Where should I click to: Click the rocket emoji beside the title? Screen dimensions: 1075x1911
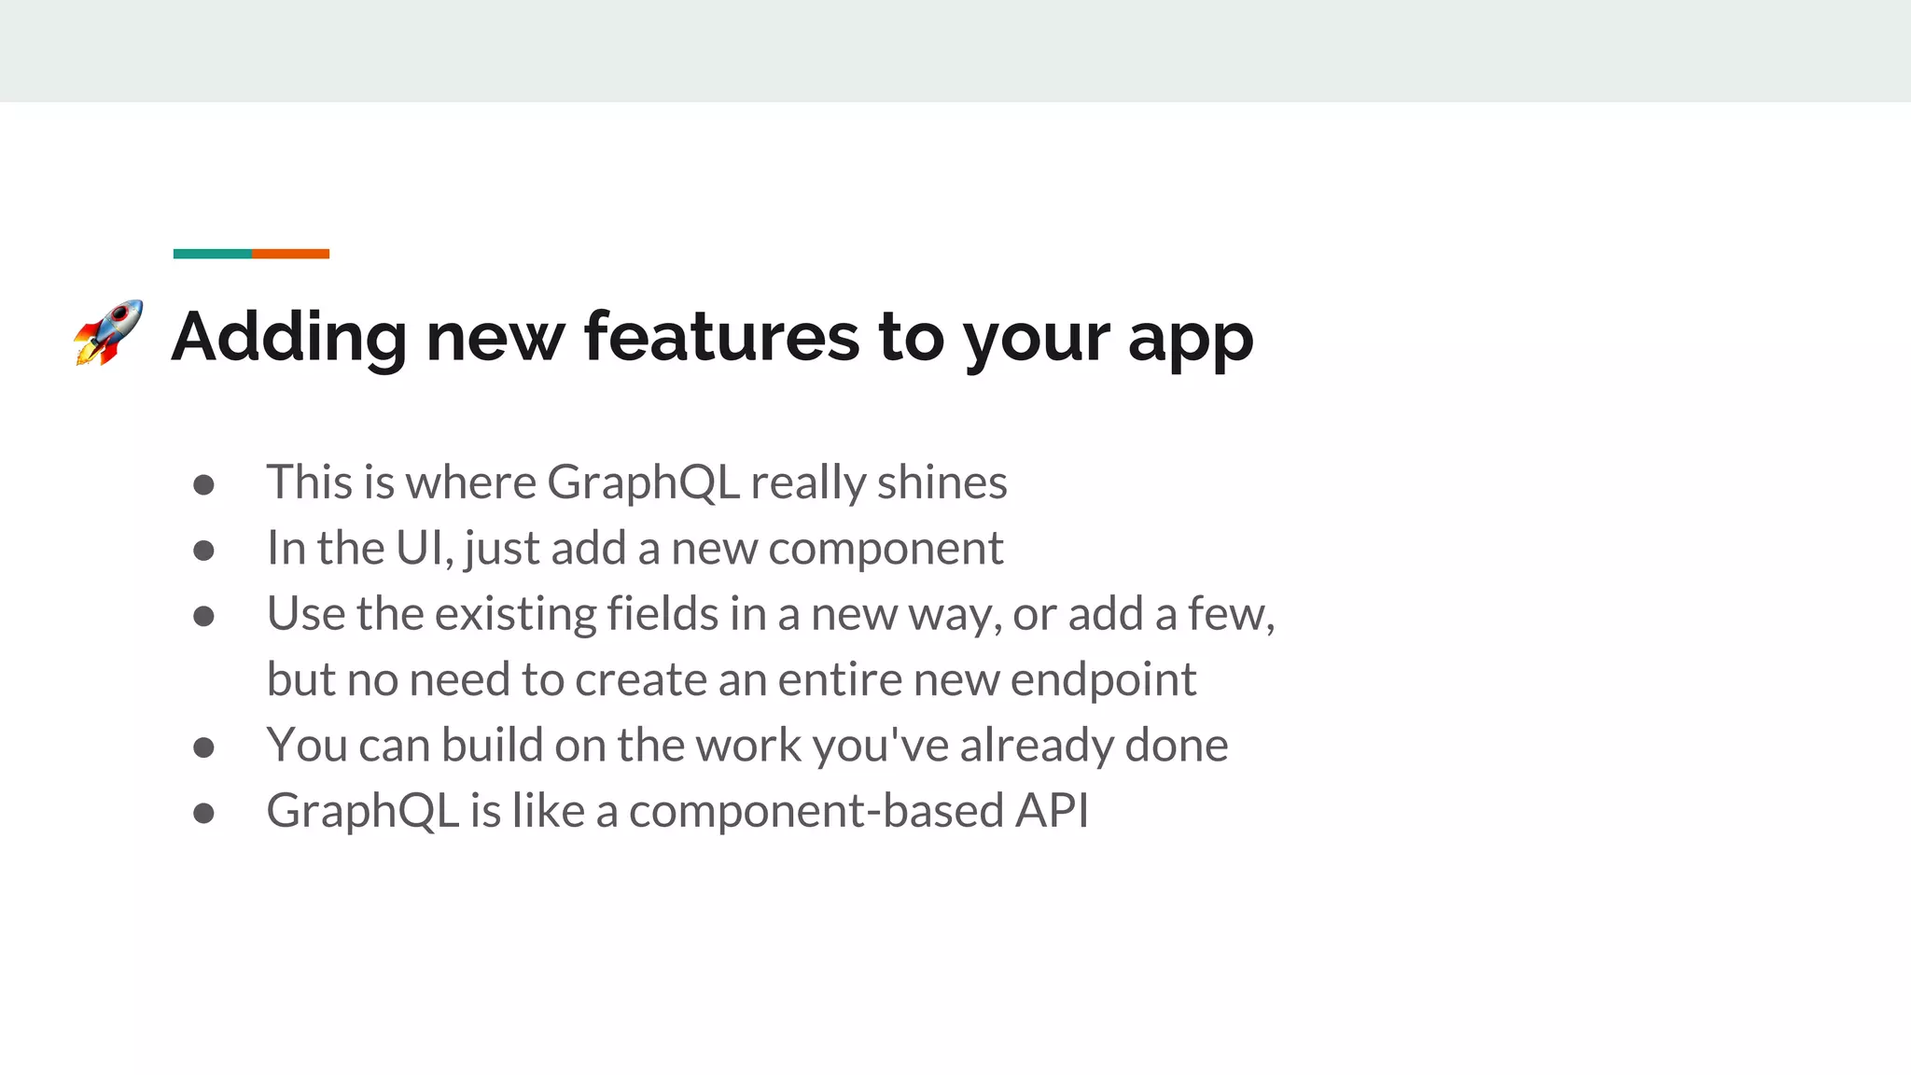(109, 333)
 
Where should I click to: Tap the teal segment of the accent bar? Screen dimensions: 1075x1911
(212, 254)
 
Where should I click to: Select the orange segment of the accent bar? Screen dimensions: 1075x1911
(290, 254)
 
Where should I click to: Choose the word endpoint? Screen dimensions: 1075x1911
(1103, 680)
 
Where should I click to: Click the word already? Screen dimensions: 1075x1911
(1036, 746)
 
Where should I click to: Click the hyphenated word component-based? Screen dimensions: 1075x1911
(816, 811)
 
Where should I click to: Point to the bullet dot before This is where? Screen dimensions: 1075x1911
(203, 484)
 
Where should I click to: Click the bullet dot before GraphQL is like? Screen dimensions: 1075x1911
(203, 813)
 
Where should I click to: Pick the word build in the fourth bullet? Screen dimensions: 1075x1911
(492, 745)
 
